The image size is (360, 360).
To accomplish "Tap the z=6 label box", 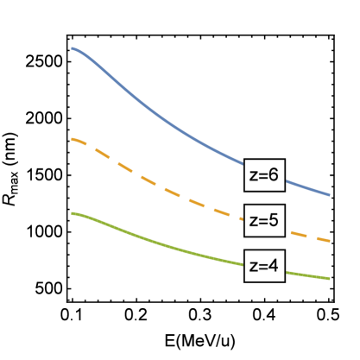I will click(263, 174).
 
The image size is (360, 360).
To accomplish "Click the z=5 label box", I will click(263, 220).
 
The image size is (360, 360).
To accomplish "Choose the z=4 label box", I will click(263, 266).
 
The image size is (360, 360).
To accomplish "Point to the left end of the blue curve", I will click(73, 48).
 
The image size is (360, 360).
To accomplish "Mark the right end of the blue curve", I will click(329, 195).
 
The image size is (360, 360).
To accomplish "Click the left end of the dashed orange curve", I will click(73, 138).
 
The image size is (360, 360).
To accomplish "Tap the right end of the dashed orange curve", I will click(329, 241).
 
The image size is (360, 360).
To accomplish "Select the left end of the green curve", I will click(73, 213).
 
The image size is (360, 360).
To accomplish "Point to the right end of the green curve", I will click(329, 279).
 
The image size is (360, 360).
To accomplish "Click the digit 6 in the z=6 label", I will click(274, 174).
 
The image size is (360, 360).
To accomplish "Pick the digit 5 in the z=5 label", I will click(274, 220).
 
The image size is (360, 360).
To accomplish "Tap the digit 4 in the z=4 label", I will click(274, 266).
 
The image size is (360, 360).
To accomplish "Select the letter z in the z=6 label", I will click(253, 175).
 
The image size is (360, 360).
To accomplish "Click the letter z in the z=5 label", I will click(253, 221).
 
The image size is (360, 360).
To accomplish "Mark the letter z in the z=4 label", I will click(253, 267).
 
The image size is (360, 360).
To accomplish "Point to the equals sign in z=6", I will click(262, 175).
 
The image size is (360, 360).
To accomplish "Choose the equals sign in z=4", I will click(262, 267).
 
